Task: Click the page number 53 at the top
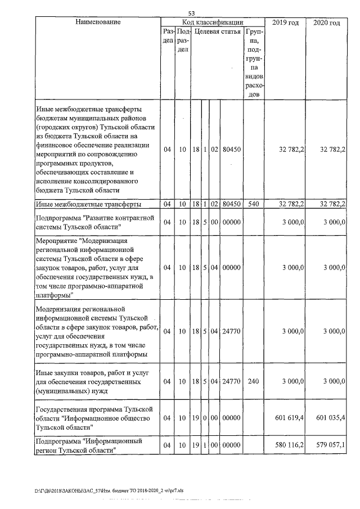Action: [191, 13]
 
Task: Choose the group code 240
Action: [253, 381]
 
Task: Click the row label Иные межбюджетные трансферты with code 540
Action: [88, 204]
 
